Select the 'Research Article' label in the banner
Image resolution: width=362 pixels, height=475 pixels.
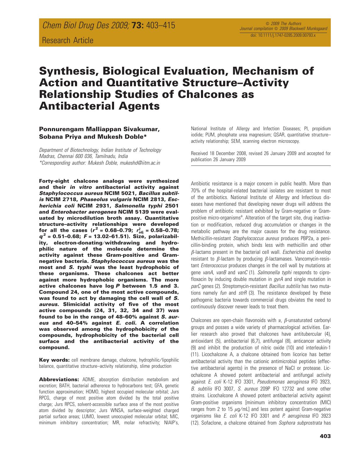(x=68, y=40)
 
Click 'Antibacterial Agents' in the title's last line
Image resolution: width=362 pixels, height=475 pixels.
(x=99, y=106)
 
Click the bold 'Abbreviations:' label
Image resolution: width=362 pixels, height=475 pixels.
(x=59, y=380)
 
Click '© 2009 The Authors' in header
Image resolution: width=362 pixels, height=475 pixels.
(x=283, y=24)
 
